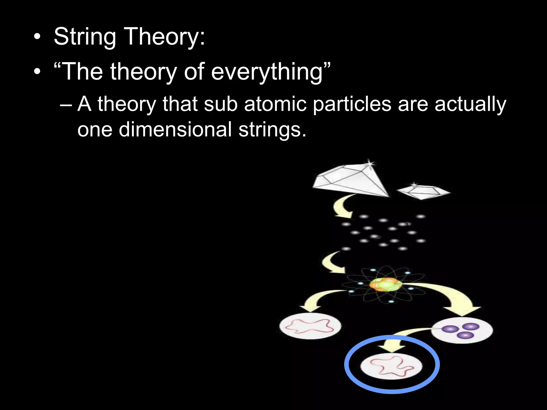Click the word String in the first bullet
click(85, 37)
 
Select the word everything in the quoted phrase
click(267, 72)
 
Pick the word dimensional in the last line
click(175, 129)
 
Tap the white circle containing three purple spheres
click(462, 330)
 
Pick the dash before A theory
click(66, 104)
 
